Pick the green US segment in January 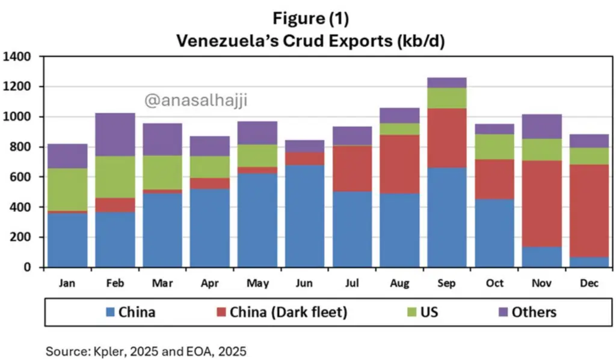(x=67, y=190)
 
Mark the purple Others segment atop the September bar (x=447, y=82)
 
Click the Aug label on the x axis (x=399, y=282)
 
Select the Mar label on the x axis (x=162, y=282)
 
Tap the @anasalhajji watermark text (x=196, y=101)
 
